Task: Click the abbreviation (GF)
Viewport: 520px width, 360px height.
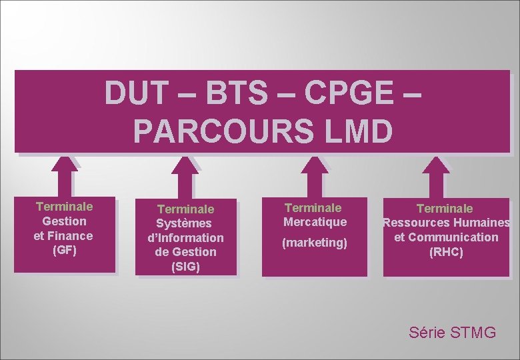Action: (64, 251)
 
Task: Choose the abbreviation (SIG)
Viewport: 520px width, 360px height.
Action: (185, 267)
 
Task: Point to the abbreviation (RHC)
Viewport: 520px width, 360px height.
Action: (446, 253)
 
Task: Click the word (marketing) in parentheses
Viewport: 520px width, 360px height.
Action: (315, 243)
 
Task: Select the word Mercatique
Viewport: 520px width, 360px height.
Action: (315, 222)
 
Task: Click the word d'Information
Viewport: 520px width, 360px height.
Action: (186, 237)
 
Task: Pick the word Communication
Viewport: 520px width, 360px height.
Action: (453, 237)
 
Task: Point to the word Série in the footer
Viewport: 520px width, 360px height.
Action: (425, 332)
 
